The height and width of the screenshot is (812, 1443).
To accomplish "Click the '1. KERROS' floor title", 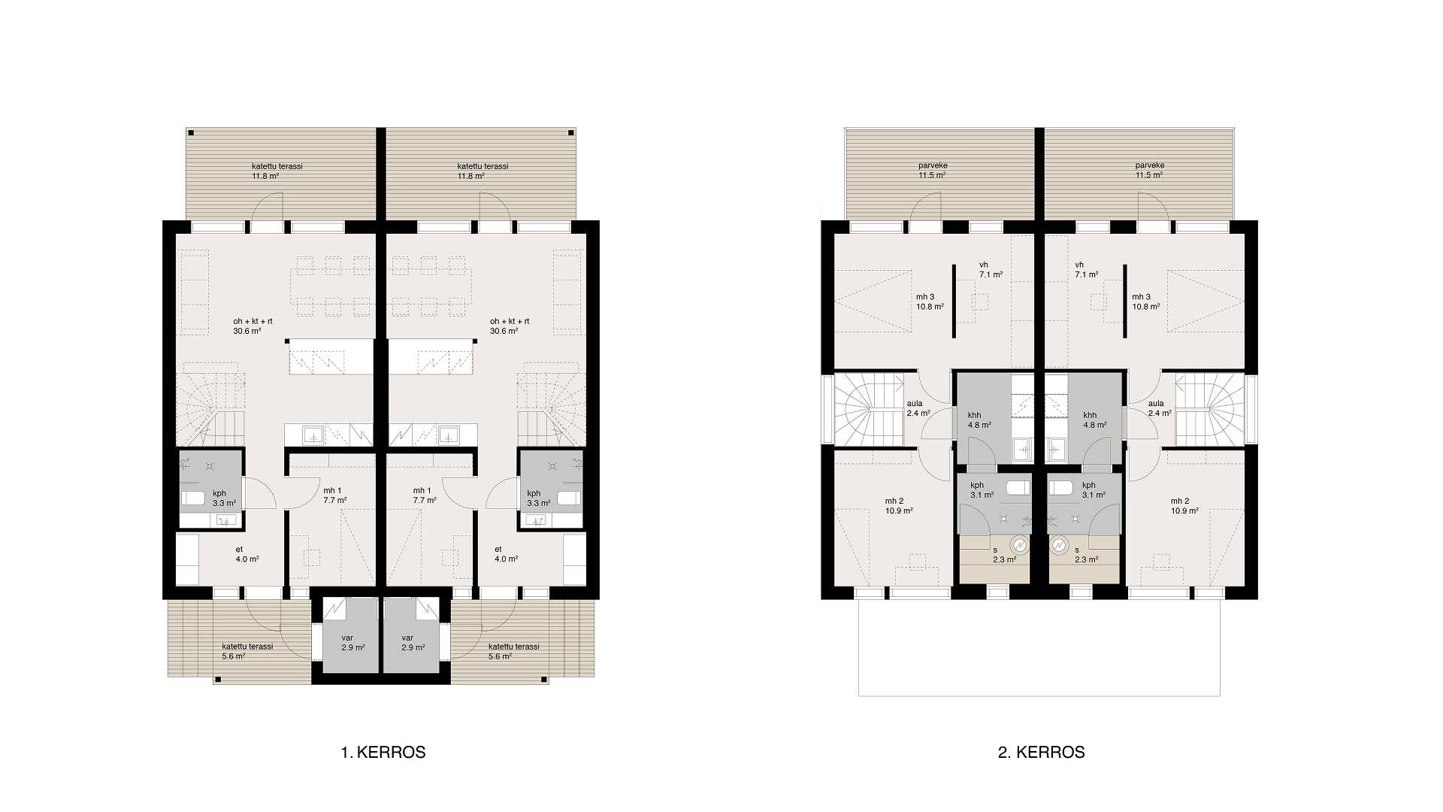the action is tap(383, 752).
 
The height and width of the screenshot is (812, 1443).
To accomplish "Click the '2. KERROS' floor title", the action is tap(1042, 752).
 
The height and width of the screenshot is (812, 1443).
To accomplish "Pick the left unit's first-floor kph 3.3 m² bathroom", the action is tap(211, 481).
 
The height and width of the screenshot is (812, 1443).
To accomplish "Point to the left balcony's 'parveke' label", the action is tap(932, 165).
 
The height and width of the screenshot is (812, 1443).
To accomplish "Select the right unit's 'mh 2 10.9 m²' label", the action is tap(1184, 506).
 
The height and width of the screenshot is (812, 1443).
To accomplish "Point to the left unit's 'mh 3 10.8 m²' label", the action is tap(930, 301).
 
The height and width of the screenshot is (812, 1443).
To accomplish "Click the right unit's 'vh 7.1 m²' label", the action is tap(1087, 269).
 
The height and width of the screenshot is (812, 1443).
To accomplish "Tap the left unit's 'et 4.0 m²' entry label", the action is tap(247, 554).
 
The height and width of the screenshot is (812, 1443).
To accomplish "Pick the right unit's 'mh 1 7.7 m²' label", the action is tap(425, 495).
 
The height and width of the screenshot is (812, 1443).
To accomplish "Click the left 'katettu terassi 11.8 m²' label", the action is tap(277, 171).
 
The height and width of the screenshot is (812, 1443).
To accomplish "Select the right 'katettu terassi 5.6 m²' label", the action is tap(513, 651).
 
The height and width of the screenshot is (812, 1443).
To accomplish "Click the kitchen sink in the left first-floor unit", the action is tap(313, 435).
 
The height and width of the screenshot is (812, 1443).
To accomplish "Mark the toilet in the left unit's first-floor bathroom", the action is tap(194, 497).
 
